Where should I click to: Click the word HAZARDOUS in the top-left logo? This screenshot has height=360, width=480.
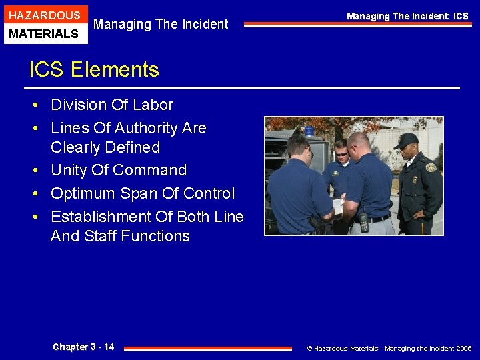coord(45,15)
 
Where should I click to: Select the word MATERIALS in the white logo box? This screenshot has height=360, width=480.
coord(45,33)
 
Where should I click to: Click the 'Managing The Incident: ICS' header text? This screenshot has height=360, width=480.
coord(407,15)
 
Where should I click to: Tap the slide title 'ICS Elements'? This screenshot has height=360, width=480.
coord(94,69)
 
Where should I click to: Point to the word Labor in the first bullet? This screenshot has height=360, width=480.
coord(152,105)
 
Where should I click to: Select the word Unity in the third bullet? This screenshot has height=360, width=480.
coord(70,170)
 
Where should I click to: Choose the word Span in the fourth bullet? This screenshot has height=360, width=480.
coord(159,193)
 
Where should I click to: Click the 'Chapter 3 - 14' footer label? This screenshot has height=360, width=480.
coord(83,347)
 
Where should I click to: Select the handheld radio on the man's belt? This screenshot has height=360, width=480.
coord(363,221)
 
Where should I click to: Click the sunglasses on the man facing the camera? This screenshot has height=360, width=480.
coord(341,154)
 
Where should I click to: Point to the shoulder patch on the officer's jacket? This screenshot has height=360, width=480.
coord(431,168)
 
